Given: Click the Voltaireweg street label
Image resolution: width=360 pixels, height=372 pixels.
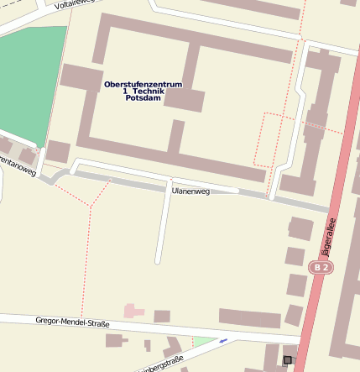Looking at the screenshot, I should pyautogui.click(x=72, y=5).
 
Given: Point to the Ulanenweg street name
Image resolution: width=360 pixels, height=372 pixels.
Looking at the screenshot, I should pyautogui.click(x=190, y=191).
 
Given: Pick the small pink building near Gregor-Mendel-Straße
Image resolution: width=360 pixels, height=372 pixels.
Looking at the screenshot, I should pyautogui.click(x=134, y=312).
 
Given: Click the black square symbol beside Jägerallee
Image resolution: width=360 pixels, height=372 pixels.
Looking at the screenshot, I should pyautogui.click(x=288, y=360).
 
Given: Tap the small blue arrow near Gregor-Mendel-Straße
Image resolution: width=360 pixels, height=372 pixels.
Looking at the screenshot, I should pyautogui.click(x=222, y=341).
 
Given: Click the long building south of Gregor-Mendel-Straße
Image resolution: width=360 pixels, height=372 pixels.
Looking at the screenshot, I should pyautogui.click(x=249, y=318).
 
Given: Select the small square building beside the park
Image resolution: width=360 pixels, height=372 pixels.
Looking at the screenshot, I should pyautogui.click(x=58, y=152).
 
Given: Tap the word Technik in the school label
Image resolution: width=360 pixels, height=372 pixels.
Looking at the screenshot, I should pyautogui.click(x=147, y=91).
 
